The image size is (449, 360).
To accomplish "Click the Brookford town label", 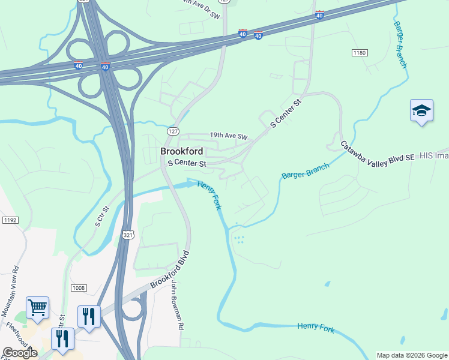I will click(x=181, y=151).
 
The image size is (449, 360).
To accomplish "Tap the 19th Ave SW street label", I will click(x=228, y=137).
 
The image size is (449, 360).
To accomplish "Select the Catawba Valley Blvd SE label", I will click(x=378, y=151).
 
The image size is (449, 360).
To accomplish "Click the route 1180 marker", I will click(x=360, y=53).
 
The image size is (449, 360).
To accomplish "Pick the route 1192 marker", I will click(x=10, y=220).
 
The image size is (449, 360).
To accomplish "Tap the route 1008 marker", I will click(x=79, y=288).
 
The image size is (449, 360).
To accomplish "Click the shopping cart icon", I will click(x=37, y=308).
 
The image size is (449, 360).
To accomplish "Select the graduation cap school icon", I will click(x=421, y=111).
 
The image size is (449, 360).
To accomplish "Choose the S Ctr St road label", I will click(x=102, y=216).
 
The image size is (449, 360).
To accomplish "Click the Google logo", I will click(x=20, y=352).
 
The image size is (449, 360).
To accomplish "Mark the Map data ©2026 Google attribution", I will click(x=412, y=355).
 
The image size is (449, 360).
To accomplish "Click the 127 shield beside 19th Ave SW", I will click(x=173, y=131).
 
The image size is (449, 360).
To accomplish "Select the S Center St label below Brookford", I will click(x=187, y=163).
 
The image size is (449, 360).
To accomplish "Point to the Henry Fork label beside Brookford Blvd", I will click(x=209, y=195).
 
